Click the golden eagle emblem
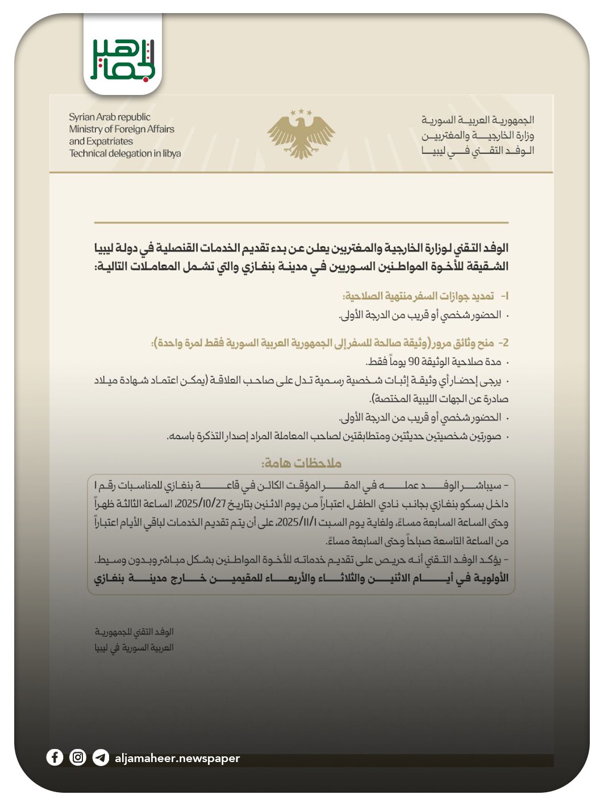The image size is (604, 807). [301, 136]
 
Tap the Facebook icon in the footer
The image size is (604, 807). [55, 758]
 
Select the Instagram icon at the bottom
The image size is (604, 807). [78, 758]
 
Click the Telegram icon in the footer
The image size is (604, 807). [101, 758]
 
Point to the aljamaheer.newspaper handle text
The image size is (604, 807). [177, 758]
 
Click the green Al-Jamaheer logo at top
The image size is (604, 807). [123, 59]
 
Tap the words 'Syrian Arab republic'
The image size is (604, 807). [110, 117]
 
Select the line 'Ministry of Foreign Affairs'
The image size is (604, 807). [122, 129]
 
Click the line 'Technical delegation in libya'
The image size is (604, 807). [125, 154]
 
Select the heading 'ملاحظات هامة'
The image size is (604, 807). [301, 463]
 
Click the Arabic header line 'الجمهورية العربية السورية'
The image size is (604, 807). [477, 120]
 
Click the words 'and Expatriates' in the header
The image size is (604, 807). [101, 141]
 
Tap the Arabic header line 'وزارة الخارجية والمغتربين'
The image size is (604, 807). [477, 135]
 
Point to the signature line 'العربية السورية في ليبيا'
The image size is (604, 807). [134, 648]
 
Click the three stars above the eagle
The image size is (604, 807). [301, 113]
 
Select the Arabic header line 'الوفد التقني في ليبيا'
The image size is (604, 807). [477, 151]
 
